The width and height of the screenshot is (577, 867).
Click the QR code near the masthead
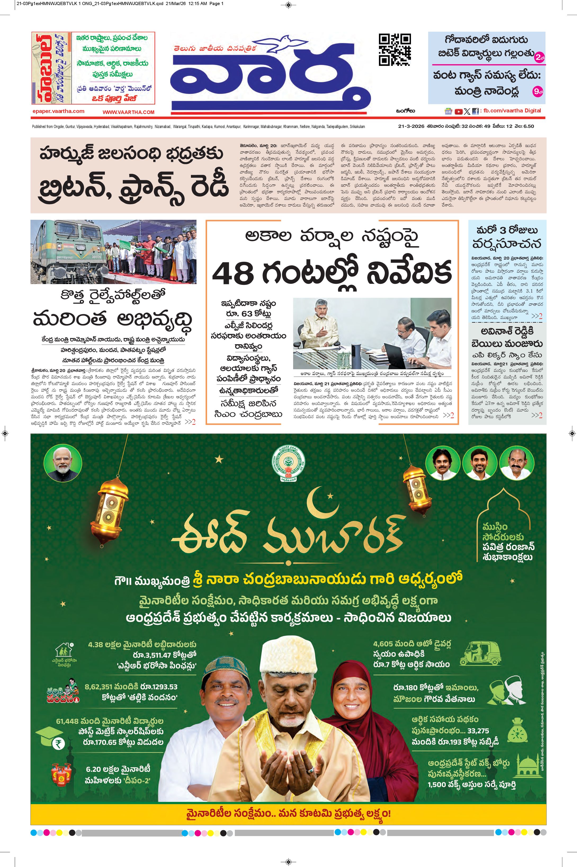[x=395, y=49]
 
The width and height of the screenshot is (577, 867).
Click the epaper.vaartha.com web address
[x=58, y=111]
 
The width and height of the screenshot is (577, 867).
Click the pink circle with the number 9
[x=538, y=92]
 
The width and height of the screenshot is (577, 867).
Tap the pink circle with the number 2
[x=539, y=57]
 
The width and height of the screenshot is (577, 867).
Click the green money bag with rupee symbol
[x=517, y=730]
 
